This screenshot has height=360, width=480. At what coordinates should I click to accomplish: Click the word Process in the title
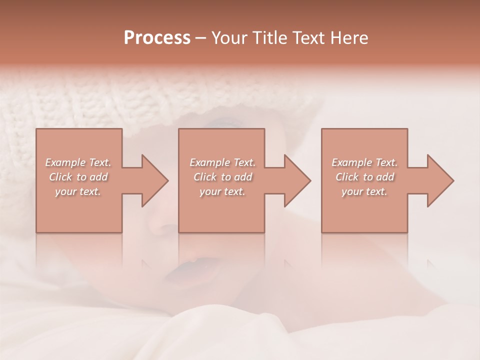tap(157, 38)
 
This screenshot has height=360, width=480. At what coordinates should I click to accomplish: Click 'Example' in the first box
tap(65, 162)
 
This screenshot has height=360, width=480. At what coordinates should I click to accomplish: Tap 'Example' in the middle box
tap(209, 162)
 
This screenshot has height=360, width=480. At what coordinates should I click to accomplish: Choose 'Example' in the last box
tap(351, 162)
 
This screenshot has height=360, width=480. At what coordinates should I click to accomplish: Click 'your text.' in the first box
tap(78, 191)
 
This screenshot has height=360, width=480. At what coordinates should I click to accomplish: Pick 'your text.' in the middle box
tap(222, 191)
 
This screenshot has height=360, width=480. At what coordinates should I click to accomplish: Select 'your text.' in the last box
tap(364, 191)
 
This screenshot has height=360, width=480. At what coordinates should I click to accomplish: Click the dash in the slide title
tap(200, 38)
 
